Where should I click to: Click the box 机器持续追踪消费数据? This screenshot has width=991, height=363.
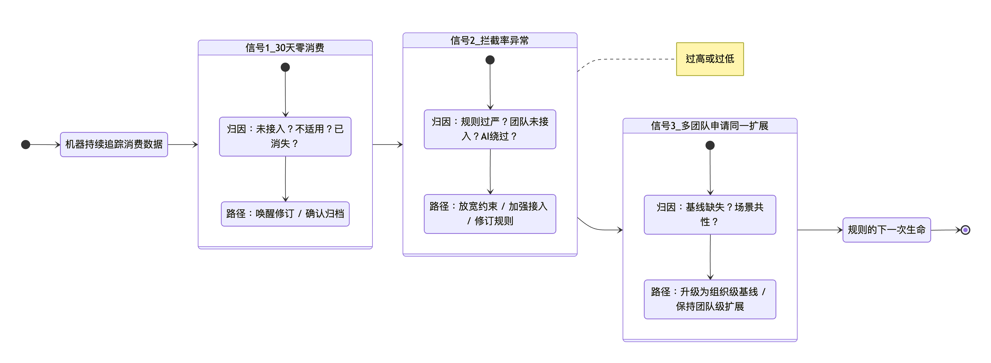click(114, 145)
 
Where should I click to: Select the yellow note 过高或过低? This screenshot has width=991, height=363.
click(710, 59)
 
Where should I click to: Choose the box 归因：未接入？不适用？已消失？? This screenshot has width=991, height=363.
click(285, 136)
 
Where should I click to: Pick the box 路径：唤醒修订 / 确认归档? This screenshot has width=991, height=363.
click(285, 214)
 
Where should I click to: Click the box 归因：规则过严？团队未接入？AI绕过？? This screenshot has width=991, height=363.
click(490, 129)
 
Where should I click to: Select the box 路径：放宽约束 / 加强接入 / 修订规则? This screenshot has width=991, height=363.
click(490, 214)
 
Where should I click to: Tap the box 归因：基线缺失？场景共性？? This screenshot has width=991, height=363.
click(710, 215)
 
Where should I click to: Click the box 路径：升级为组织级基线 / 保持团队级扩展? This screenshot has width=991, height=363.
click(710, 299)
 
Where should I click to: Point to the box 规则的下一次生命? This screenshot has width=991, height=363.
click(886, 230)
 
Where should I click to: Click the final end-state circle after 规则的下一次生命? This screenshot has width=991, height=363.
click(965, 230)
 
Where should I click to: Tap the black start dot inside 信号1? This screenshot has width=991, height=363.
click(285, 67)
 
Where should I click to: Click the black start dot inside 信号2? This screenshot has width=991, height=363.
click(490, 60)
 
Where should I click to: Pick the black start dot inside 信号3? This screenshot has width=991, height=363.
click(710, 145)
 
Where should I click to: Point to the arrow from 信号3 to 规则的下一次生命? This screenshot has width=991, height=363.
click(820, 230)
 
